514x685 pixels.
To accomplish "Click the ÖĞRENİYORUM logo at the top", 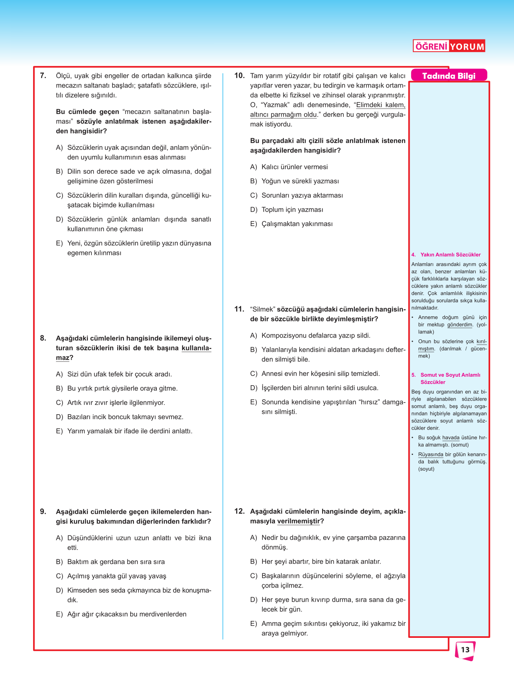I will click(x=449, y=46).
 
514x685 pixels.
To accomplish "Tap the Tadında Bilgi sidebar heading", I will click(x=449, y=76).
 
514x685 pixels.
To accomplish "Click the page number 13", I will click(x=465, y=650).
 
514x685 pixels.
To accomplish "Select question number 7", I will click(x=43, y=75).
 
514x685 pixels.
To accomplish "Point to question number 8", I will click(x=43, y=338).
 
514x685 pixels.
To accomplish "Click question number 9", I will click(x=43, y=511).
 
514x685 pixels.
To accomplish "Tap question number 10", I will click(x=239, y=75).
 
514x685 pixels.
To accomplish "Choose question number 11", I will click(x=239, y=309).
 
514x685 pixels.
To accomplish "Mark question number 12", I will click(x=239, y=511).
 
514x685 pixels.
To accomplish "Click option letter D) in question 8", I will click(x=59, y=417).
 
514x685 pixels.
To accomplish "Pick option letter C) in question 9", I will click(x=59, y=576).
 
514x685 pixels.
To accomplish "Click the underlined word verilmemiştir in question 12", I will click(x=299, y=521).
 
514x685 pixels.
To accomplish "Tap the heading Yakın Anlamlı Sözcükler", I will click(x=450, y=255).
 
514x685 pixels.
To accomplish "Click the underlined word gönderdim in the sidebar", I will click(x=460, y=325).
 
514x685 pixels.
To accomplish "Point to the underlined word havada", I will click(x=451, y=438).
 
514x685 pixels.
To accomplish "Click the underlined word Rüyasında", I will click(x=431, y=455).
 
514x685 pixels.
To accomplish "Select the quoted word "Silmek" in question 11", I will click(x=262, y=309).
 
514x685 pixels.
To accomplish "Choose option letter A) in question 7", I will click(x=59, y=148).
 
